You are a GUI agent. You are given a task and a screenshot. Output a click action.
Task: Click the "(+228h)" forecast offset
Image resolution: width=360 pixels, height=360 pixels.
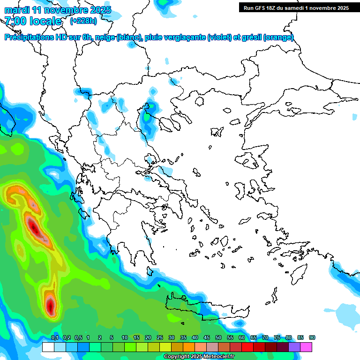pos(83,21)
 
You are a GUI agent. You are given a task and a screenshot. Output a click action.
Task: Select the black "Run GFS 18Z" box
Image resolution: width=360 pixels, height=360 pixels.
pos(296,7)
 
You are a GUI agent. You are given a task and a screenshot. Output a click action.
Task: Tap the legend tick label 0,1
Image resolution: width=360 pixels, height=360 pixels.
pos(54,338)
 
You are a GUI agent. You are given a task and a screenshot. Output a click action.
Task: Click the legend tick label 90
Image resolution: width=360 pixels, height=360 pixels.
pos(312,338)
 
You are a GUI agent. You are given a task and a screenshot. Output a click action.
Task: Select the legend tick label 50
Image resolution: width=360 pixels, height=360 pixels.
pos(218,338)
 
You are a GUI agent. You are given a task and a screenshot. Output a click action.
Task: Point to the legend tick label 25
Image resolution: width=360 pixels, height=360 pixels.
pos(160,338)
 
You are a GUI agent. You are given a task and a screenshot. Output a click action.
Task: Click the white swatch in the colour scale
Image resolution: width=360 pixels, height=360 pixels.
pos(48,347)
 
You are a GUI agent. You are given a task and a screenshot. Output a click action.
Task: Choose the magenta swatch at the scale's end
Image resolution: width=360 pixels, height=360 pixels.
pos(306,347)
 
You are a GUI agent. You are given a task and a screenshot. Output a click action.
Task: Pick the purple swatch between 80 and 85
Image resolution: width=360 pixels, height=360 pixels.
pos(294,347)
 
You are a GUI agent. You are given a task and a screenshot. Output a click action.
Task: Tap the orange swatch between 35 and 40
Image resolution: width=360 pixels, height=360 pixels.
pos(189,347)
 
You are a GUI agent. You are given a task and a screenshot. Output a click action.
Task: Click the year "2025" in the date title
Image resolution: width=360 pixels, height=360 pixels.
pos(101,10)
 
